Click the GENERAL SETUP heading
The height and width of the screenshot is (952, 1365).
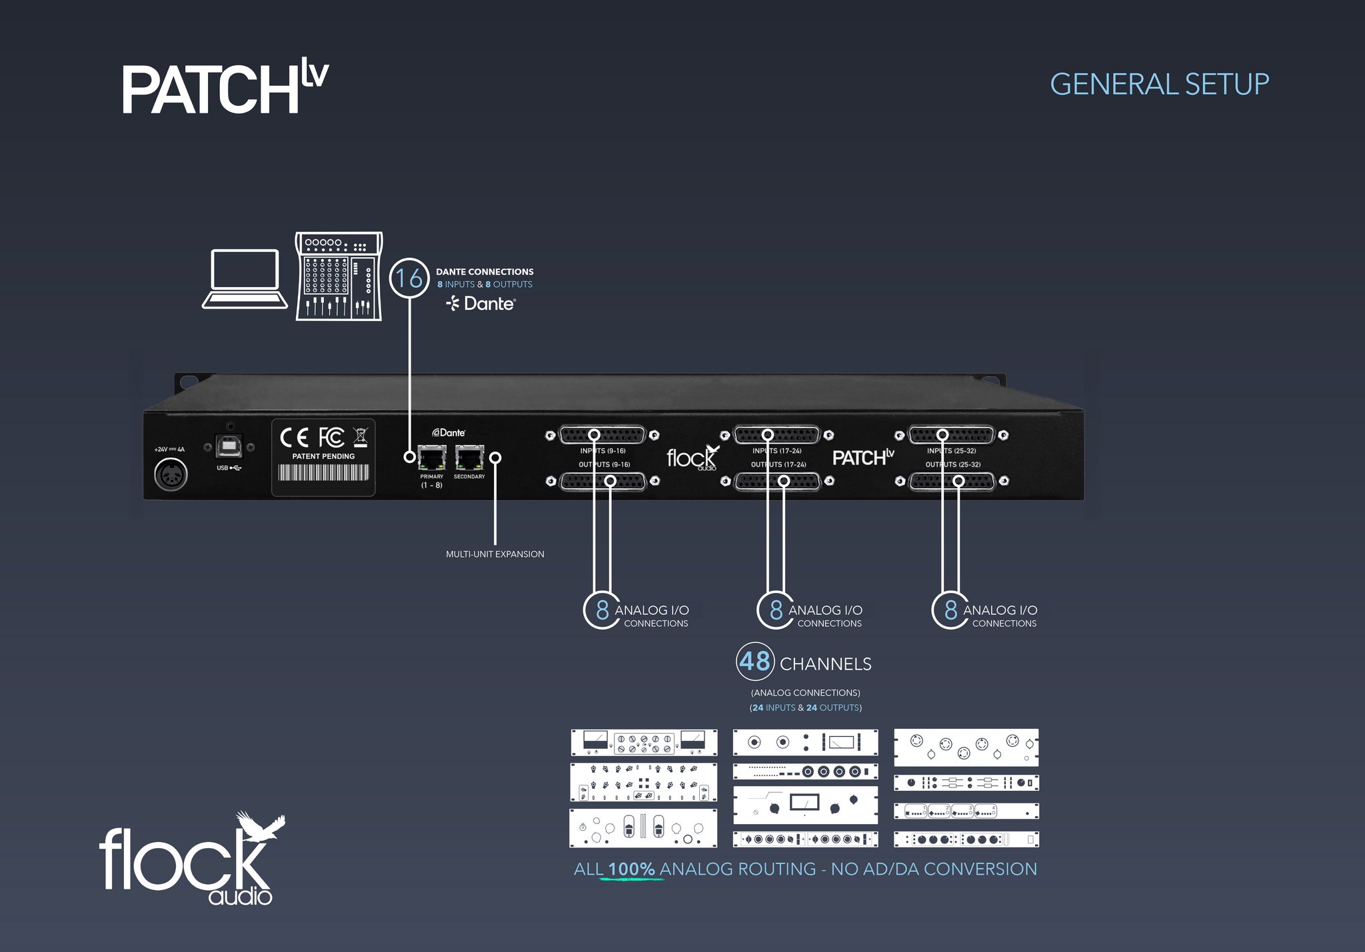coord(1159,85)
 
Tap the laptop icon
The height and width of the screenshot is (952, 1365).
coord(245,279)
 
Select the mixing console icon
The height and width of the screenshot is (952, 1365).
coord(339,276)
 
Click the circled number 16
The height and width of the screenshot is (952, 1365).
coord(409,278)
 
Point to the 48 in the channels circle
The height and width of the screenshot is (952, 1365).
coord(754,662)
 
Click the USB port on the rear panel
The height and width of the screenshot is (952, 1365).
coord(229,446)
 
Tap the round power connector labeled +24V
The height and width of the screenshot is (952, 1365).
coord(171,475)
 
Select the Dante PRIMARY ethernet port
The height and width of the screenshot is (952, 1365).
coord(432,458)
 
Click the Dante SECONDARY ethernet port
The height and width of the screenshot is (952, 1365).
coord(469,458)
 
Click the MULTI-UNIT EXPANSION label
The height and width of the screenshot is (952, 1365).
coord(495,554)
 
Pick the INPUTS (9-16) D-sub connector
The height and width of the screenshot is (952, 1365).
coord(603,435)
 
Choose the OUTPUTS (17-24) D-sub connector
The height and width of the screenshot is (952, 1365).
coord(777,481)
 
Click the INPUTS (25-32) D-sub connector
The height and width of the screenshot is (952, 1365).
coord(952,435)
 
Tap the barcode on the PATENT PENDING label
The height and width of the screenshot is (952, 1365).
coord(323,472)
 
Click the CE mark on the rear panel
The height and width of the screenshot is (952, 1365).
coord(294,438)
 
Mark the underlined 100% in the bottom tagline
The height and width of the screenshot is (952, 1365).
coord(632,869)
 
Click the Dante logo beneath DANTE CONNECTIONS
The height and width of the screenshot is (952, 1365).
coord(481,304)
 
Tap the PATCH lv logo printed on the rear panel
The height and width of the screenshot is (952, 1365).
coord(863,457)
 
